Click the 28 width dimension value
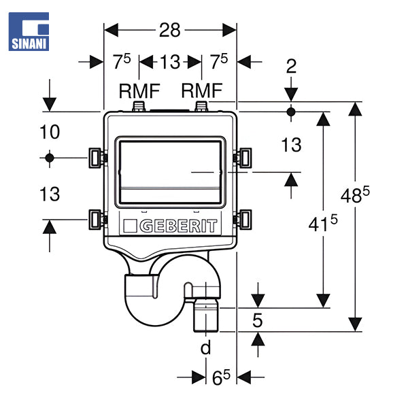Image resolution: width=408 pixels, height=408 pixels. pyautogui.click(x=170, y=30)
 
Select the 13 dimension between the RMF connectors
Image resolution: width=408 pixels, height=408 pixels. pyautogui.click(x=170, y=62)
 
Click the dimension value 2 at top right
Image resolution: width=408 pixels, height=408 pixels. pyautogui.click(x=291, y=67)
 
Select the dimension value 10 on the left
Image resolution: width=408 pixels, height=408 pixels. pyautogui.click(x=49, y=132)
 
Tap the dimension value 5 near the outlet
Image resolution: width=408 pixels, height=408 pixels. pyautogui.click(x=257, y=320)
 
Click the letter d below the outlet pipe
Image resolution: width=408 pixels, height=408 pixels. pyautogui.click(x=205, y=348)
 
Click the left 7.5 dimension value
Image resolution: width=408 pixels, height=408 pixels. pyautogui.click(x=122, y=61)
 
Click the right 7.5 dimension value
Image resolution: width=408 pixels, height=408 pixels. pyautogui.click(x=219, y=61)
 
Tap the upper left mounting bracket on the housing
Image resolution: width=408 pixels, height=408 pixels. pyautogui.click(x=97, y=158)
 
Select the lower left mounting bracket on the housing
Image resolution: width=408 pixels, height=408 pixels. pyautogui.click(x=97, y=220)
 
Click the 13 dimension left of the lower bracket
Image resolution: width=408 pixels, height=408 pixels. pyautogui.click(x=49, y=194)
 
